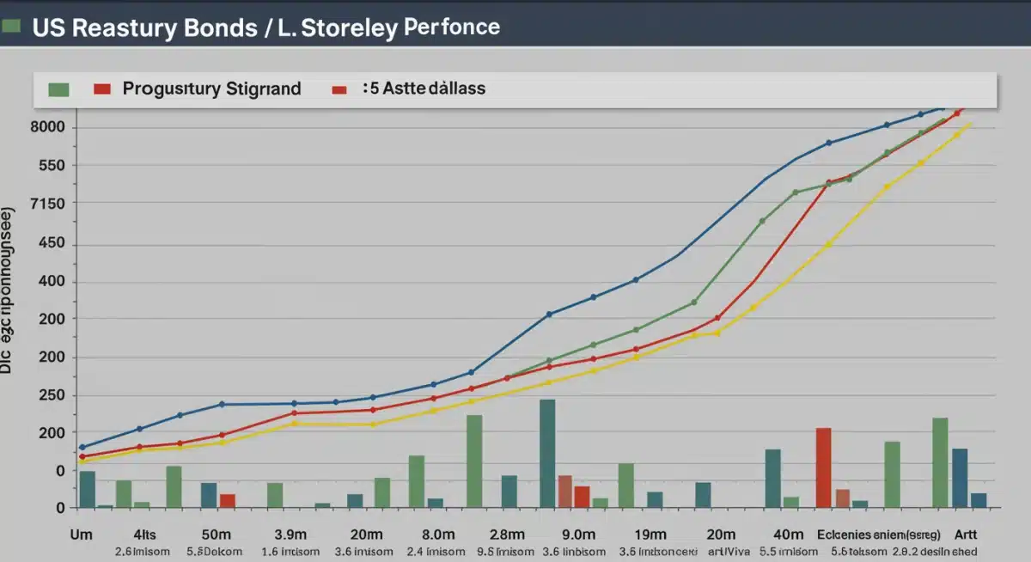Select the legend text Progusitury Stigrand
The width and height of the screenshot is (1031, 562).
pos(211,89)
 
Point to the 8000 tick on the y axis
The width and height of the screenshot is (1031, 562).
pos(48,128)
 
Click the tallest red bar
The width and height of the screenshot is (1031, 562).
pos(823,467)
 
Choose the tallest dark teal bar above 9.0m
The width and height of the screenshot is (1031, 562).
pos(547,453)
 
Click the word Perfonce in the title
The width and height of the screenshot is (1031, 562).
pos(451,27)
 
